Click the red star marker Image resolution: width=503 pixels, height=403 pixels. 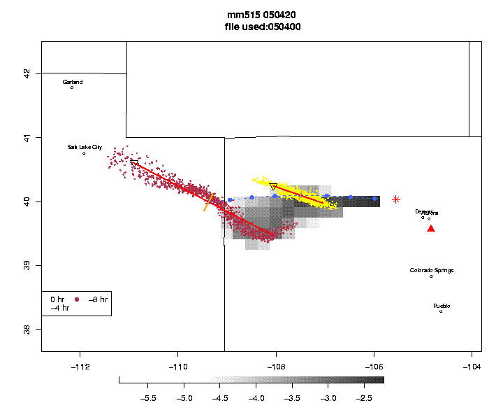point(396,199)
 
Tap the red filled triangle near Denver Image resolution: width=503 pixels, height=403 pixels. point(431,228)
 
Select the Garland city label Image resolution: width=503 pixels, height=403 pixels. point(73,83)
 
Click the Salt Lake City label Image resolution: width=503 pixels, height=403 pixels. point(85,148)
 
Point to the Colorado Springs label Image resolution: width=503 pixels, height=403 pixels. point(431,271)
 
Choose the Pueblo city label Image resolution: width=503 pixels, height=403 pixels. point(442,306)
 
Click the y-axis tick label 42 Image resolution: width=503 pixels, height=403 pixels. point(27,73)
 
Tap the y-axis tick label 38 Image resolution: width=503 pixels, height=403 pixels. point(27,329)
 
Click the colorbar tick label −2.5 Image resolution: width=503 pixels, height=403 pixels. point(364,398)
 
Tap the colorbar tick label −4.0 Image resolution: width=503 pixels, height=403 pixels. point(256,398)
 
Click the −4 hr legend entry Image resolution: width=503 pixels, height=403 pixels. point(59,308)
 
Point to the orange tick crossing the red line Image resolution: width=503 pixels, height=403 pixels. point(209,202)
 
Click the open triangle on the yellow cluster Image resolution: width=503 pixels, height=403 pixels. point(273,187)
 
